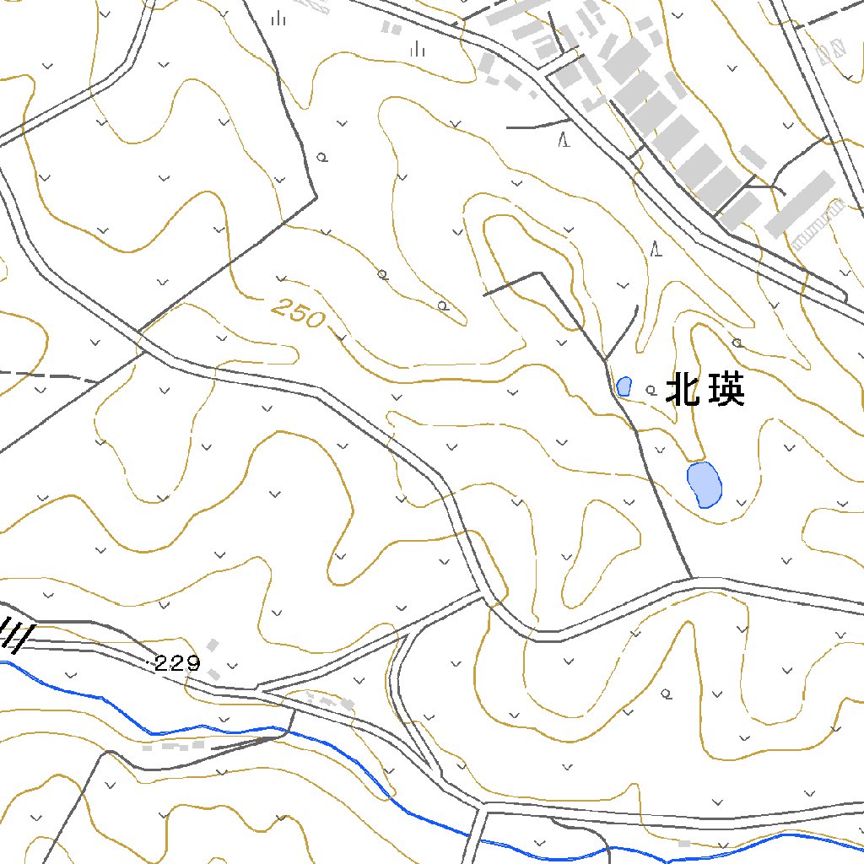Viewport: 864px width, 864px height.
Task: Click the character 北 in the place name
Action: click(x=683, y=391)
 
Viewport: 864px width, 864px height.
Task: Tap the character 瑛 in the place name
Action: click(x=726, y=391)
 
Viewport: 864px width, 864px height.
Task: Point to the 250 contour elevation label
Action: click(x=298, y=314)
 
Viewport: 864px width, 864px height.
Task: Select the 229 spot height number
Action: click(x=177, y=664)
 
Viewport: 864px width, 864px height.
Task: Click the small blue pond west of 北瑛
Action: click(x=624, y=386)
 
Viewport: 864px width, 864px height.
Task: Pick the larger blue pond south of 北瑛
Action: click(x=704, y=483)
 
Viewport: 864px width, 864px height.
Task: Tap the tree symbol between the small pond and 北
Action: click(x=651, y=390)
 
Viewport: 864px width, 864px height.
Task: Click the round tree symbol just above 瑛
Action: click(x=737, y=343)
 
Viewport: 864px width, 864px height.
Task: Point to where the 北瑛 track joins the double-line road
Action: click(x=692, y=579)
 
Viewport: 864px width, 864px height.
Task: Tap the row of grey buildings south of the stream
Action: click(x=173, y=746)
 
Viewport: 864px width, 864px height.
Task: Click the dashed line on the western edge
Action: click(x=46, y=375)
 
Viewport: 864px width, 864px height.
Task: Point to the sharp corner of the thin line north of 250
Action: click(x=316, y=197)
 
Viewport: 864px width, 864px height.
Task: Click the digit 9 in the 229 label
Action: click(x=192, y=664)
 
